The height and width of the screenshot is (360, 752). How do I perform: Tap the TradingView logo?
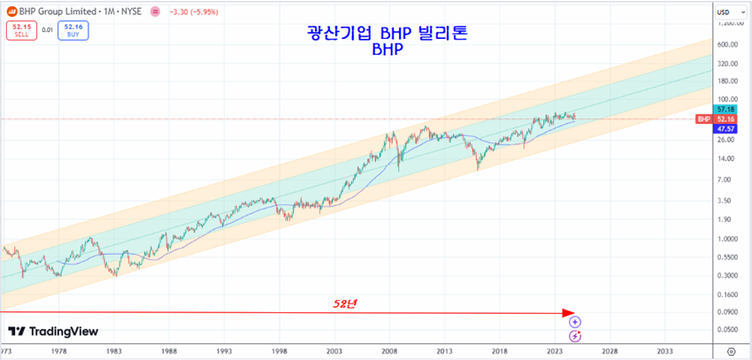pos(53,332)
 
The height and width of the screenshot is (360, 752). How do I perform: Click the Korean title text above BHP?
pos(388,34)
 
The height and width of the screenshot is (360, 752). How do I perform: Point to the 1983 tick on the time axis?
pos(113,351)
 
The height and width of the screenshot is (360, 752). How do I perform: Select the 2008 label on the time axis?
pos(389,351)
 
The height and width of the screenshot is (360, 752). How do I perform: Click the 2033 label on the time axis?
pos(664,351)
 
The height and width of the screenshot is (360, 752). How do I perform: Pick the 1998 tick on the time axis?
pos(280,351)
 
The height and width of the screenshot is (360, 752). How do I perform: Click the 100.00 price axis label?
pos(727,99)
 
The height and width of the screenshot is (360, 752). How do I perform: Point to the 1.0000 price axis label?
pos(727,239)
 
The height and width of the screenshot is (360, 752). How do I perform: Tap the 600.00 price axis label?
pos(727,44)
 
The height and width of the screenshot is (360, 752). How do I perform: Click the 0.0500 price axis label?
pos(727,330)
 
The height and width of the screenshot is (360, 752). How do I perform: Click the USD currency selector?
pos(724,11)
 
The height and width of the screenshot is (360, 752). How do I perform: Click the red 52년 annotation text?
pos(344,303)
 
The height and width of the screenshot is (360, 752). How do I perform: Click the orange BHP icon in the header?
pos(12,11)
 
